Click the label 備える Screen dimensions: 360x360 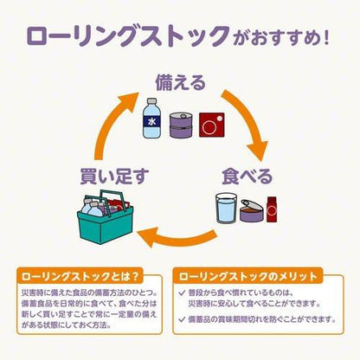[x=181, y=83]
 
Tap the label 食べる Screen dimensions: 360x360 [x=247, y=177]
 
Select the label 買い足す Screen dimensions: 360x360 [x=114, y=177]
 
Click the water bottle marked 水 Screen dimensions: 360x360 [x=151, y=119]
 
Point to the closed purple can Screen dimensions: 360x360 [x=181, y=125]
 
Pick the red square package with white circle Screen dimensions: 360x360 [x=212, y=125]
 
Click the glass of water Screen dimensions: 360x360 [x=227, y=209]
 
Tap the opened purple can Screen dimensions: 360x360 [x=252, y=210]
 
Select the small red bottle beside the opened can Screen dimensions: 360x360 [x=272, y=209]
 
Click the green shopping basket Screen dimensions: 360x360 [x=106, y=218]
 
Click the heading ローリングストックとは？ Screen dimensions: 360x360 [x=80, y=276]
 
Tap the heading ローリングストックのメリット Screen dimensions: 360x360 [x=248, y=276]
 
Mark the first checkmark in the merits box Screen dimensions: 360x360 [x=182, y=293]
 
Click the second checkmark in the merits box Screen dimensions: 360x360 [x=182, y=319]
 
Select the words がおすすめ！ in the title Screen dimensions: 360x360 [x=282, y=39]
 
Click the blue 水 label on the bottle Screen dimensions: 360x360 [x=151, y=122]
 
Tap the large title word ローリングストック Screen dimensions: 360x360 [x=129, y=36]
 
